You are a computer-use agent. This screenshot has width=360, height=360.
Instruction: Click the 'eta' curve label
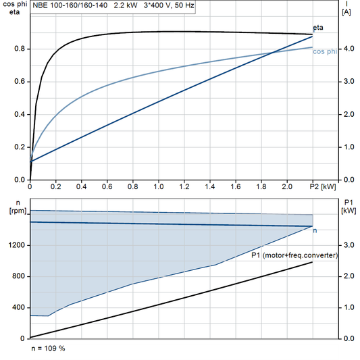[x=317, y=28]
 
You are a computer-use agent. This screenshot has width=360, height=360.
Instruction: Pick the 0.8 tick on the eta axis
[x=18, y=49]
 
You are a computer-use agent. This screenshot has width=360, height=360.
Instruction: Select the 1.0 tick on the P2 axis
[x=159, y=186]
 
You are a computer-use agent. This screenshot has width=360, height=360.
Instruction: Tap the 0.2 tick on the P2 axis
[x=56, y=186]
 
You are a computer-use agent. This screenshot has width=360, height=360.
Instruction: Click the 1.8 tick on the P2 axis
[x=261, y=186]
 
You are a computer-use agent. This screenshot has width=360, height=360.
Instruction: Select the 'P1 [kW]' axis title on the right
[x=349, y=207]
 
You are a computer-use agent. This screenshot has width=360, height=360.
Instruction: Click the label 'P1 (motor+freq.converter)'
[x=294, y=256]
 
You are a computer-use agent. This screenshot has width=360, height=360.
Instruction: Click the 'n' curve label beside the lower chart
[x=315, y=231]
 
